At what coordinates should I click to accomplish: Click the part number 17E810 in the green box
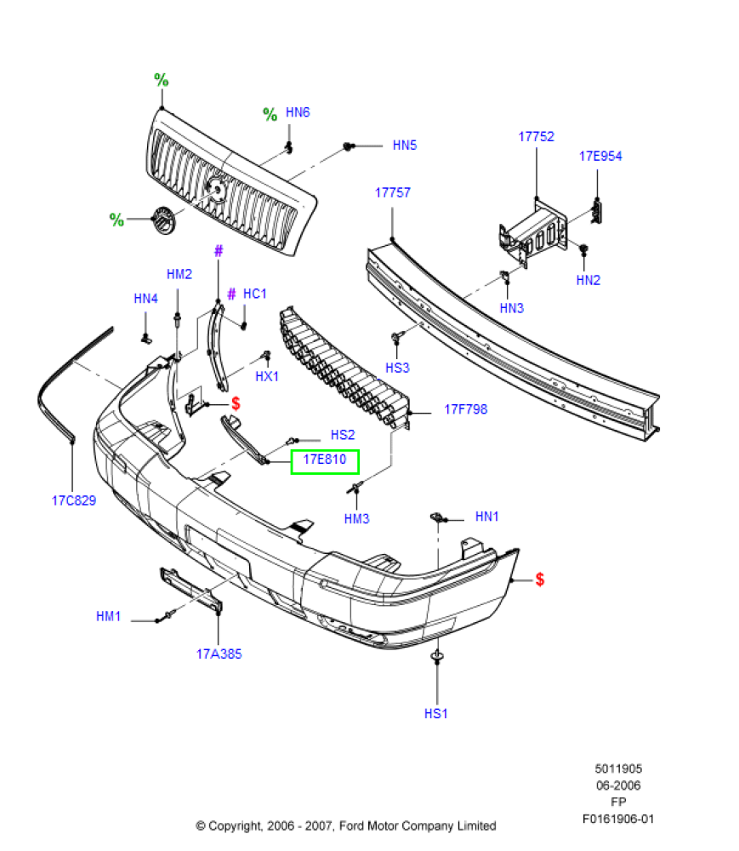324,460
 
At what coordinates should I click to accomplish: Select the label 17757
393,192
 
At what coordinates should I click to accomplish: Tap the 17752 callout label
537,137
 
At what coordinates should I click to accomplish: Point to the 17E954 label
600,157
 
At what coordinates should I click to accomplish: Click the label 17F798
466,409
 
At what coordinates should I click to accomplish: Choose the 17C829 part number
74,500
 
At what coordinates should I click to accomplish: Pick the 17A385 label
219,654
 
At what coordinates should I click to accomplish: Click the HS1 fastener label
436,714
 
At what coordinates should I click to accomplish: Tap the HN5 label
405,146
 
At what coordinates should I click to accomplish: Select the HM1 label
109,616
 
